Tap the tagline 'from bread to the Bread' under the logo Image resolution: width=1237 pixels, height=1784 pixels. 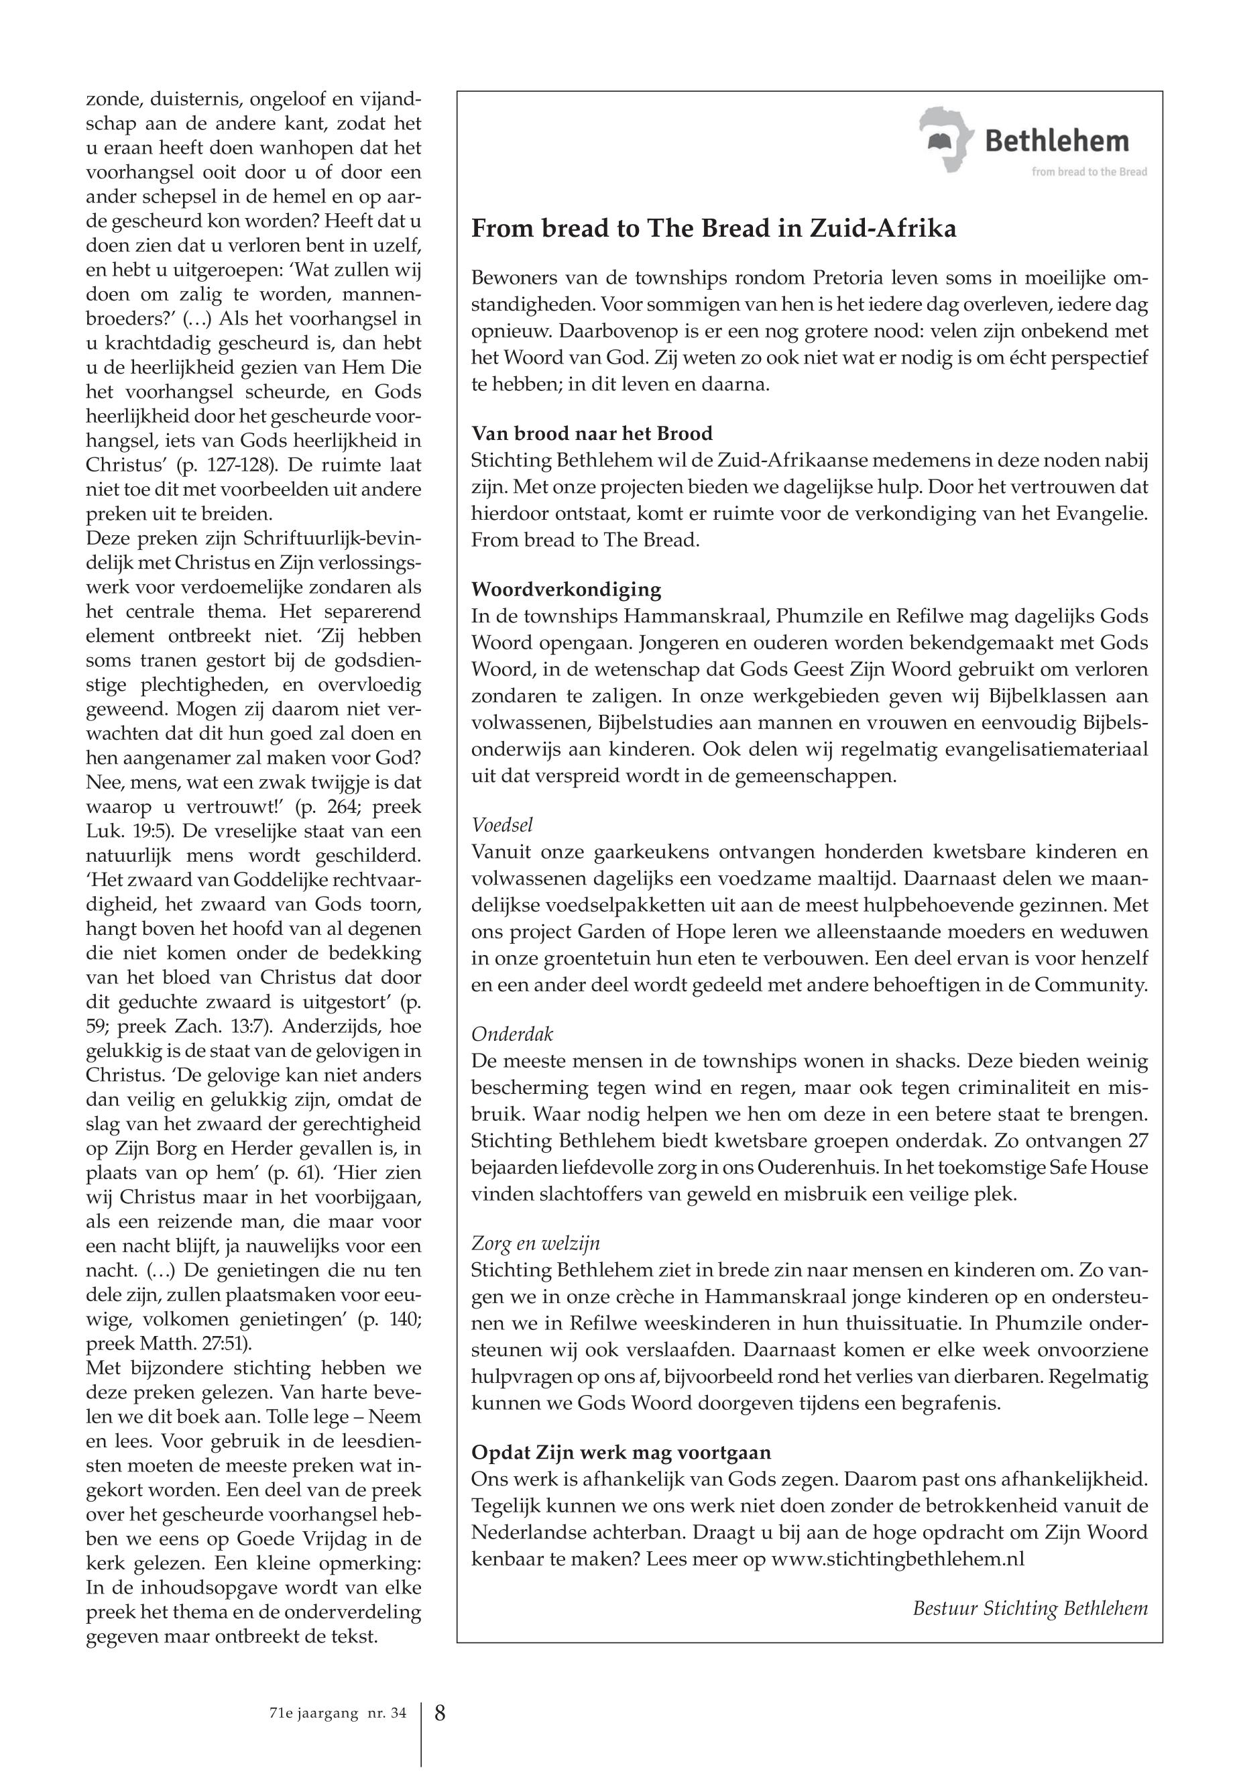pyautogui.click(x=1089, y=172)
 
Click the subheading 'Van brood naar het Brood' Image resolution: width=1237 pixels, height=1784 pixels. pyautogui.click(x=592, y=433)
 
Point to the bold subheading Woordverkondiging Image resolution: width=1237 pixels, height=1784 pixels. pyautogui.click(x=566, y=590)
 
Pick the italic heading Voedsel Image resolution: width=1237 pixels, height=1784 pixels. pyautogui.click(x=502, y=825)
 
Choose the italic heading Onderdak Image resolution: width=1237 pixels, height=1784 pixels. pyautogui.click(x=512, y=1034)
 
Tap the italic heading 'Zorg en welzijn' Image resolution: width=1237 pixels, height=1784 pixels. pyautogui.click(x=536, y=1243)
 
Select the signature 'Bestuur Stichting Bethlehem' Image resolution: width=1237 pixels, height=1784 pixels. pyautogui.click(x=1029, y=1608)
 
